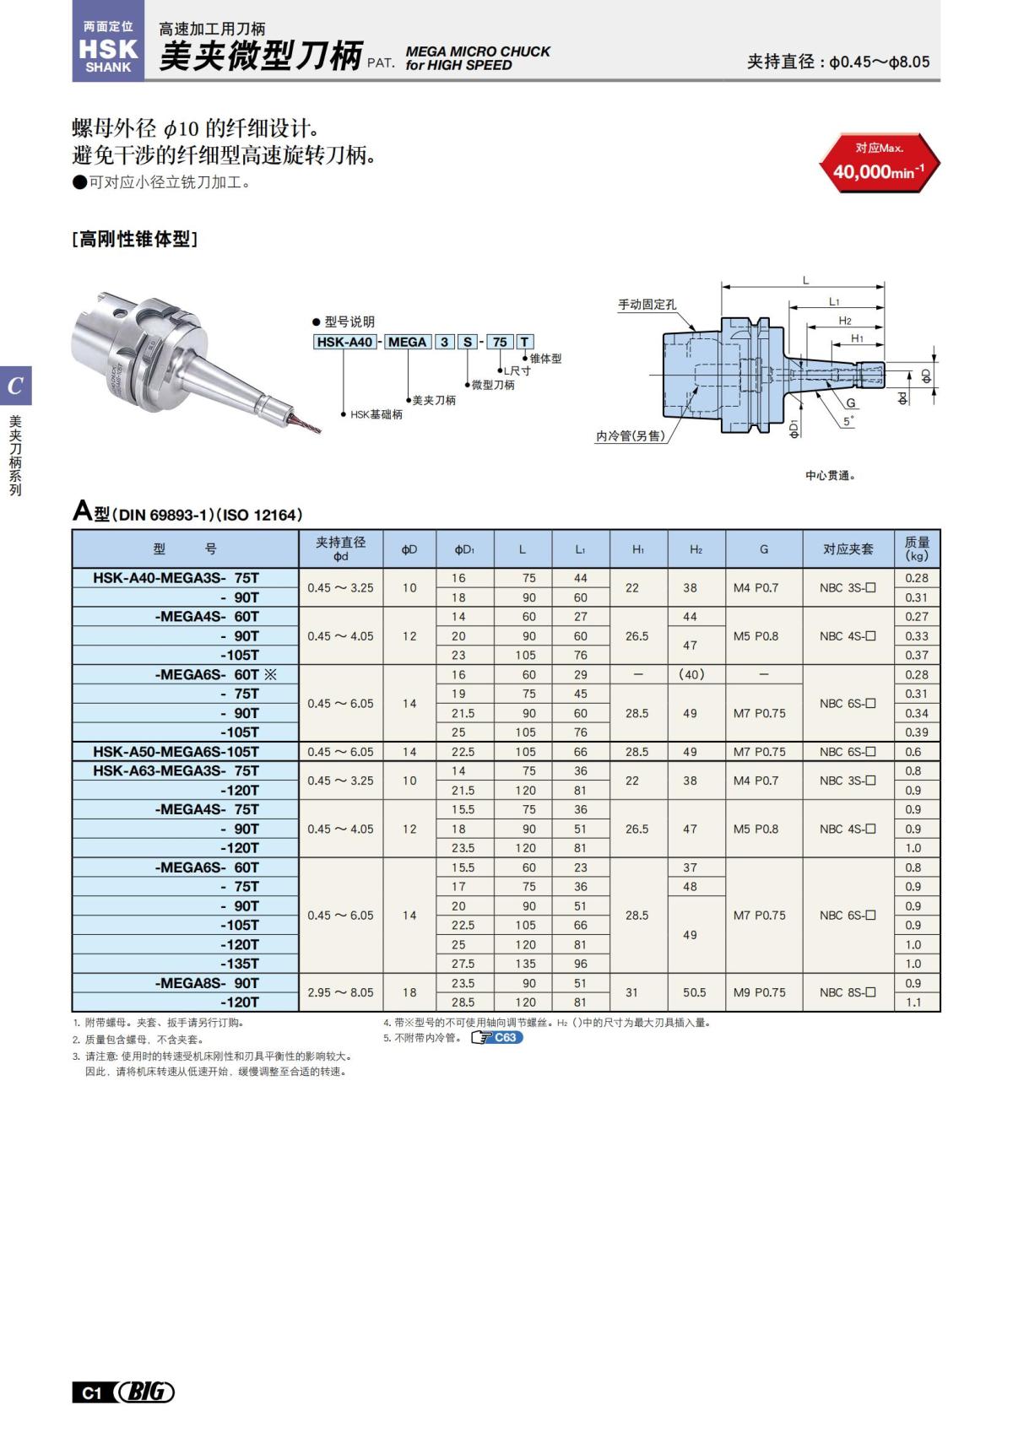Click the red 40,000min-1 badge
(x=879, y=163)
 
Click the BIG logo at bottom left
(x=145, y=1391)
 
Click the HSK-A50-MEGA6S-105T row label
(x=176, y=751)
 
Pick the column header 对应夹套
(x=848, y=549)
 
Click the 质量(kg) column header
(x=917, y=549)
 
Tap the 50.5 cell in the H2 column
(x=694, y=992)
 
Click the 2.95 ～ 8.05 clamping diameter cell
(x=340, y=992)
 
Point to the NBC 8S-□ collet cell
(x=848, y=992)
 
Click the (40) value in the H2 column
(x=691, y=674)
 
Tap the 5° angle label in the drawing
(x=848, y=420)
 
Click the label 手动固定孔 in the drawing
(x=647, y=305)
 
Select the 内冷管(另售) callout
(x=630, y=436)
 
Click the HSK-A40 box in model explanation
(x=344, y=342)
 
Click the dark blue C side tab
(x=15, y=386)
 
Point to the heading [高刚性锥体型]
(x=135, y=239)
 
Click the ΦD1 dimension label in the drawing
(x=794, y=428)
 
